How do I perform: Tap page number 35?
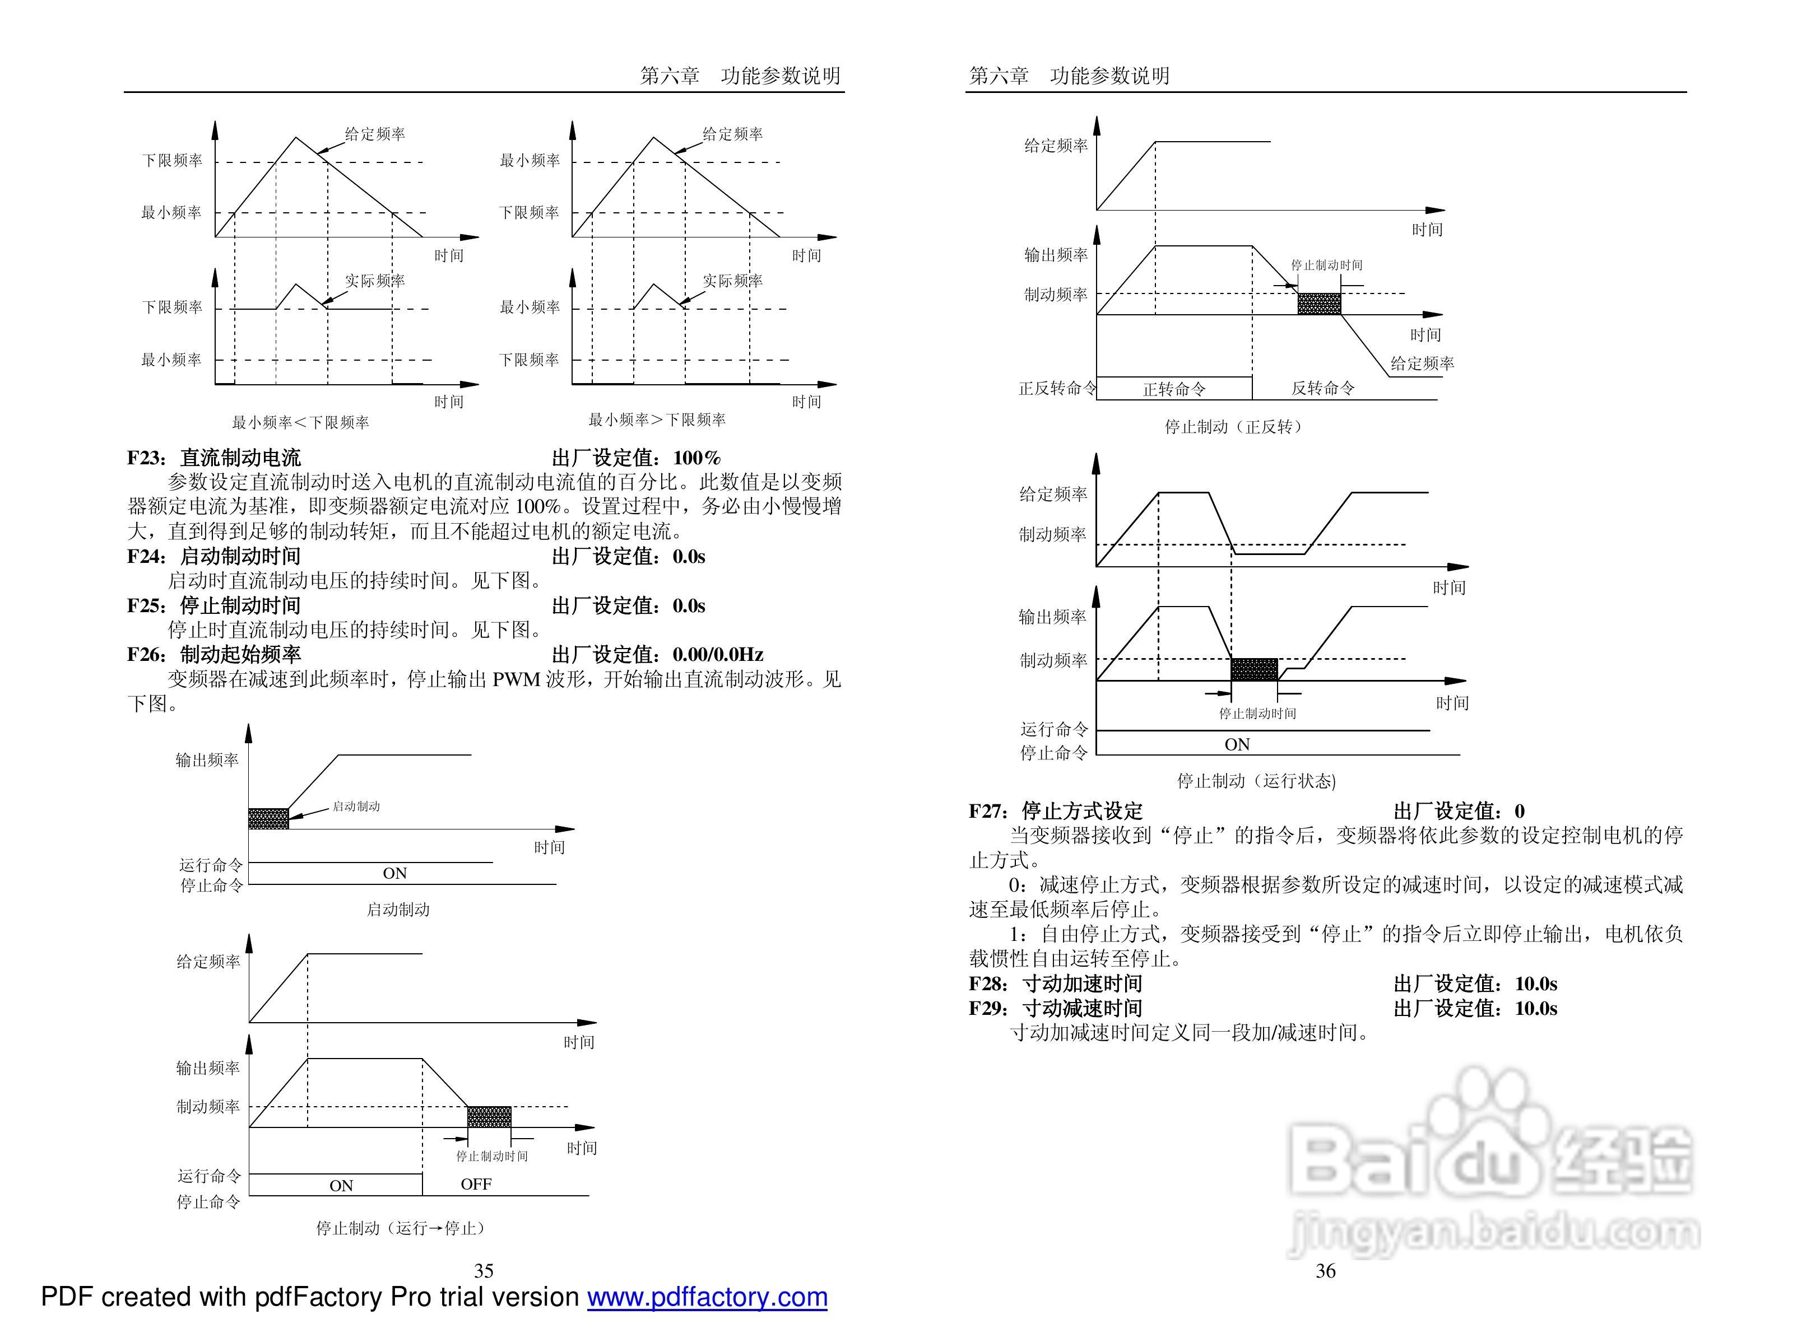pyautogui.click(x=484, y=1271)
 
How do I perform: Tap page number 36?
pyautogui.click(x=1325, y=1271)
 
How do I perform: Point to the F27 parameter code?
pyautogui.click(x=986, y=811)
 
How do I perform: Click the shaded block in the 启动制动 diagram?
pyautogui.click(x=268, y=818)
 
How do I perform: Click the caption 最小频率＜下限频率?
pyautogui.click(x=300, y=422)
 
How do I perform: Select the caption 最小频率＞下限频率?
pyautogui.click(x=657, y=420)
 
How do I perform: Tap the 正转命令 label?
pyautogui.click(x=1174, y=389)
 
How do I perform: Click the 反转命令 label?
pyautogui.click(x=1323, y=388)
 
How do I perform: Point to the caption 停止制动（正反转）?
pyautogui.click(x=1233, y=426)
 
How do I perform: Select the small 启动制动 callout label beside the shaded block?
pyautogui.click(x=356, y=806)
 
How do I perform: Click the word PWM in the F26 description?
pyautogui.click(x=517, y=679)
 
